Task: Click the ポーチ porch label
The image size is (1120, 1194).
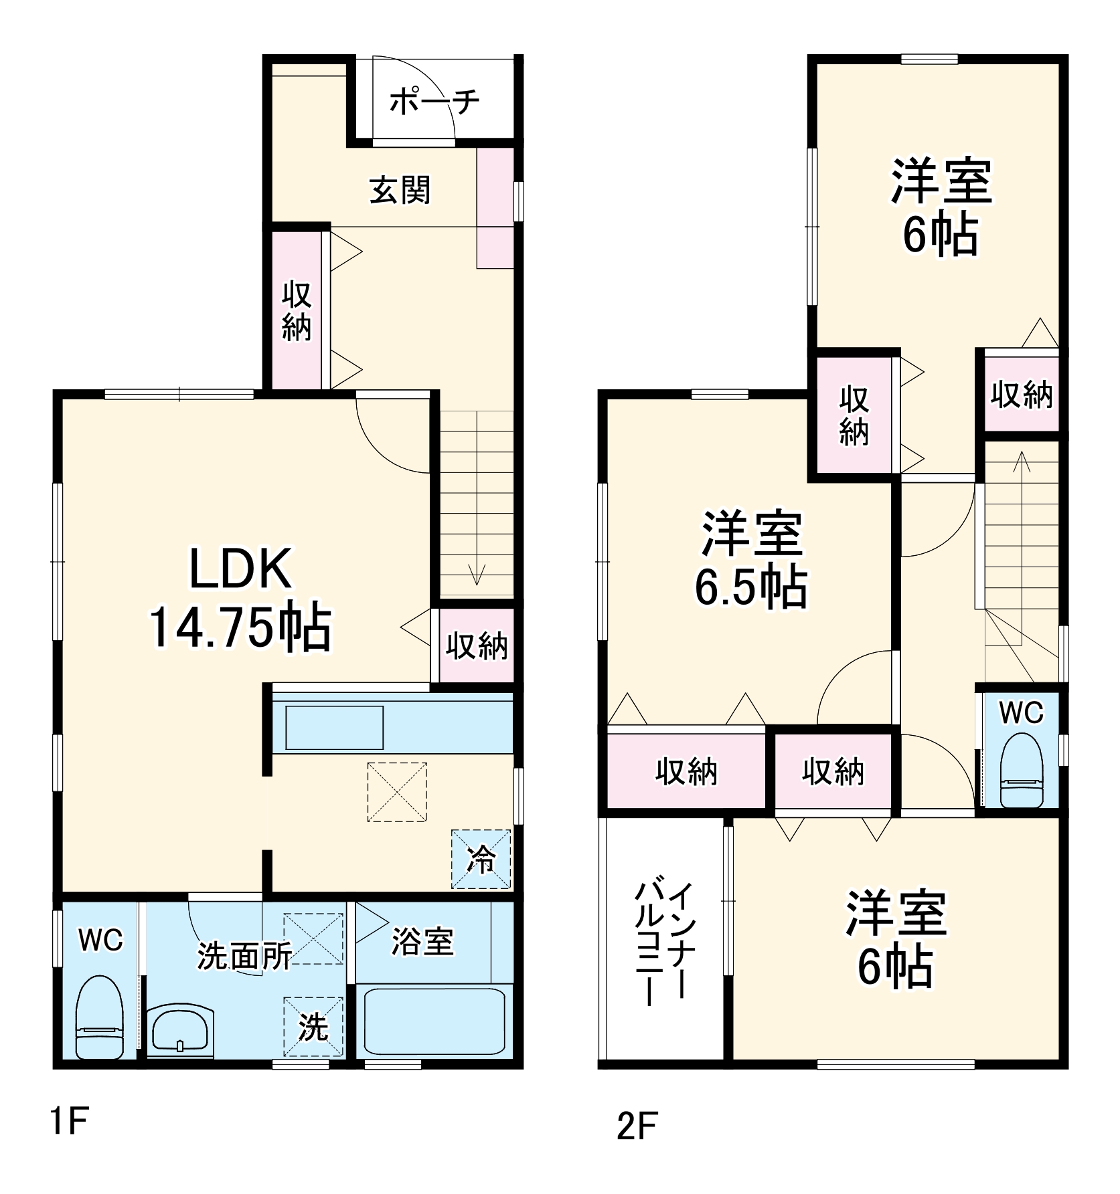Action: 434,102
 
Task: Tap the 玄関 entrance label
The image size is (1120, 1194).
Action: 400,191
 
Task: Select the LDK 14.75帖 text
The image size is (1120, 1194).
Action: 240,598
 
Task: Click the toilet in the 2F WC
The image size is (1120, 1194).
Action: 1022,771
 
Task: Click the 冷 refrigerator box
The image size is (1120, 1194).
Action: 481,860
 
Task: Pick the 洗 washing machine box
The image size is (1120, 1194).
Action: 313,1027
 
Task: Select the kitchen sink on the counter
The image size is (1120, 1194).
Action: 334,727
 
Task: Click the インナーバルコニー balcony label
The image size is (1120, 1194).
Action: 661,943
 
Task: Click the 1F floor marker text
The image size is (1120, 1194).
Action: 70,1121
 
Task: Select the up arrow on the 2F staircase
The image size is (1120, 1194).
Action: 1022,462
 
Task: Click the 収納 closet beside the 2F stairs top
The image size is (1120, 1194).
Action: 1022,395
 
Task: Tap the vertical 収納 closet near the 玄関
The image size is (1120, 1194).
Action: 297,312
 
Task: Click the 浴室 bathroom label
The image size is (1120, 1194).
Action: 422,942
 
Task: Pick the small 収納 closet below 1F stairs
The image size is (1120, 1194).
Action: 477,646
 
